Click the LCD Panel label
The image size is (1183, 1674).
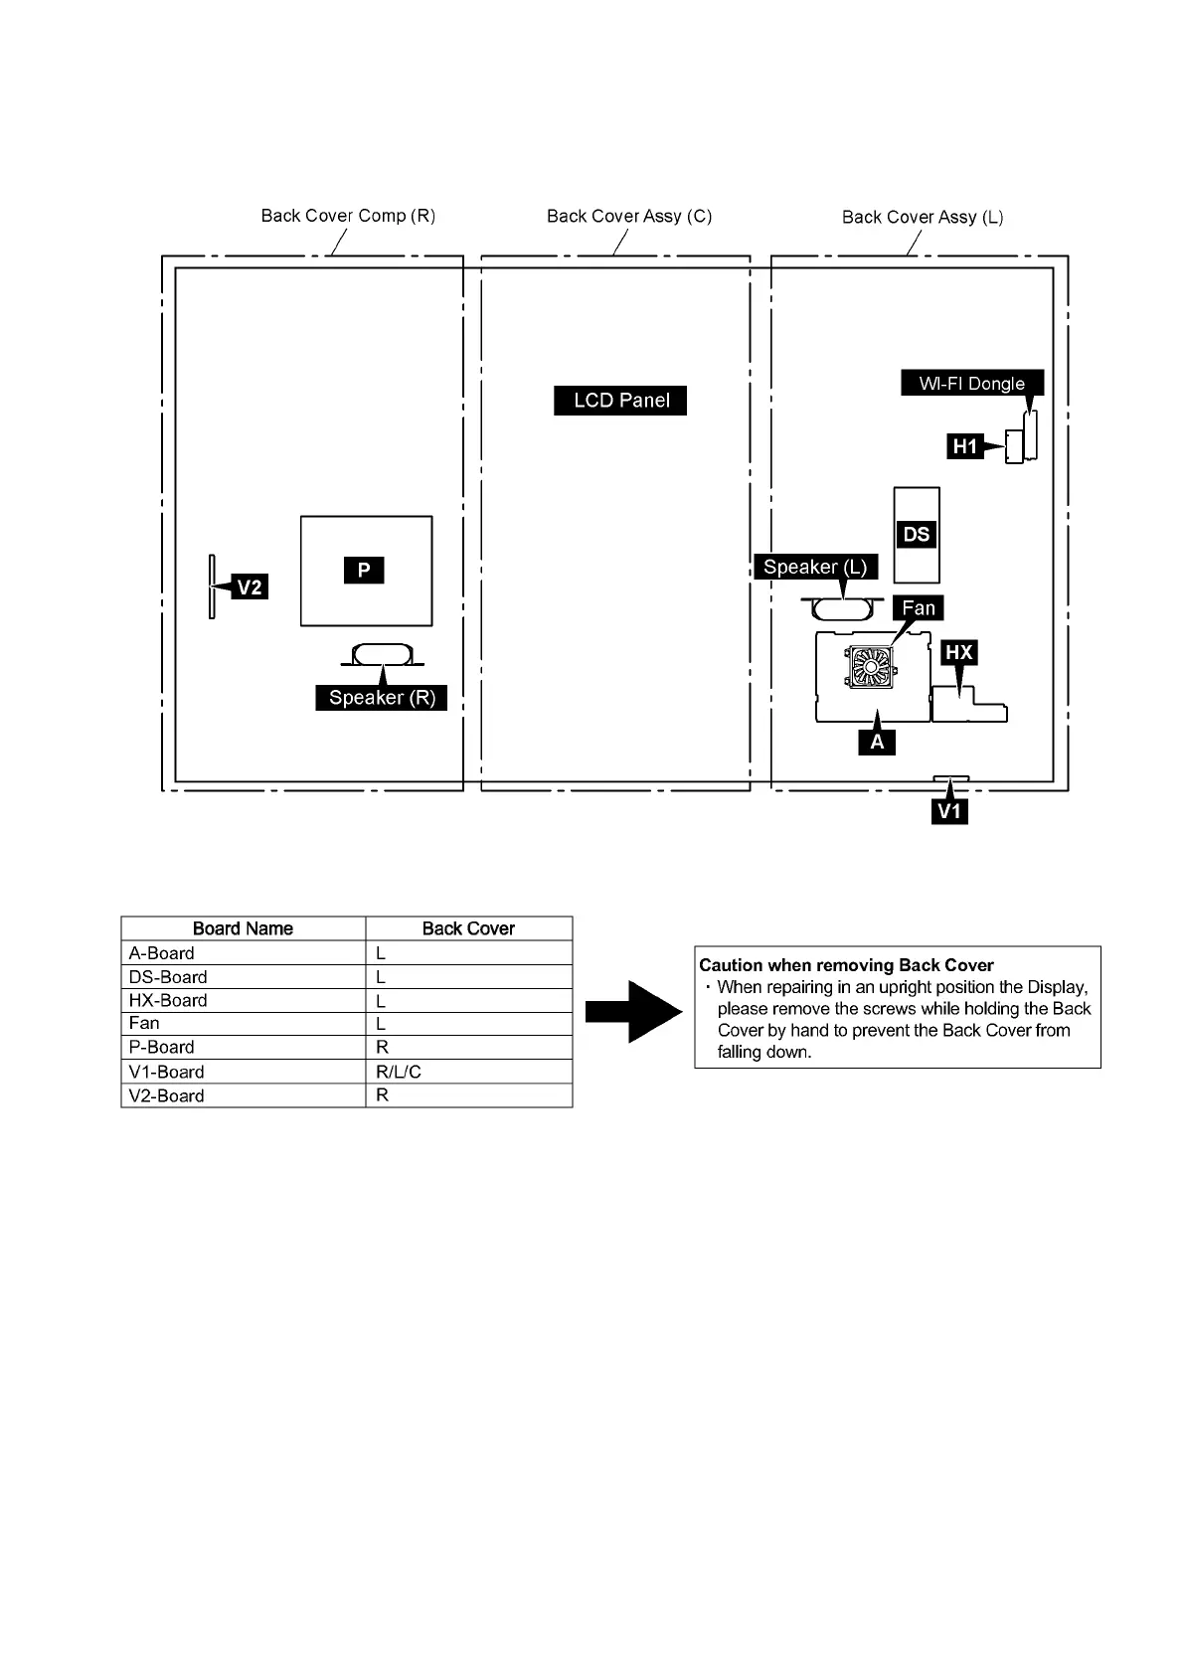coord(620,401)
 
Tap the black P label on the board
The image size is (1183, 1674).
coord(364,570)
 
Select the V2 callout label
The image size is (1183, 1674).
coord(249,587)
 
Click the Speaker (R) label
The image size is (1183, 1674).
coord(382,698)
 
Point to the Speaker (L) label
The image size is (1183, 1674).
coord(815,568)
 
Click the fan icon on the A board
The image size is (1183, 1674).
coord(872,666)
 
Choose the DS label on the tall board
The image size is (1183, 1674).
coord(916,535)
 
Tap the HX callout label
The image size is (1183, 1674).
coord(958,653)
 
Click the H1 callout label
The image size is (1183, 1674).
coord(964,446)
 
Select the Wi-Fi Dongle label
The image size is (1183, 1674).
coord(971,384)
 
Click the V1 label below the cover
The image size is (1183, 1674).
coord(950,811)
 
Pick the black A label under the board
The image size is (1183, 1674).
coord(877,742)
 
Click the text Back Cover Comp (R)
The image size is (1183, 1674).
coord(348,216)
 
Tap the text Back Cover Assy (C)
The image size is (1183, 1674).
coord(629,216)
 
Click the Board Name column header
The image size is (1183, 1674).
coord(243,928)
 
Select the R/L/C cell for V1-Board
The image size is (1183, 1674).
coord(399,1072)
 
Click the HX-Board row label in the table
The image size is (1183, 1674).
coord(168,1000)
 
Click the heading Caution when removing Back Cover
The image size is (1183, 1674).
coord(846,965)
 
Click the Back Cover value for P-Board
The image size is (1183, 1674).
coord(383,1047)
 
